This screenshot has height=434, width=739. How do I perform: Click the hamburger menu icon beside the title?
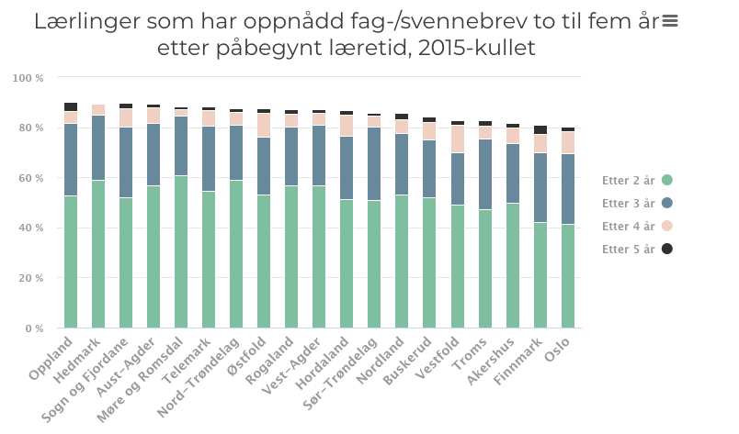[x=670, y=21]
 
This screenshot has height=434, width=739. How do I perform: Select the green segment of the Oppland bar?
[x=71, y=262]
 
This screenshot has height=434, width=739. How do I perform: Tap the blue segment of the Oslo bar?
[x=568, y=189]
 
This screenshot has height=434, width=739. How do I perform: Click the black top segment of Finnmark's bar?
[x=540, y=130]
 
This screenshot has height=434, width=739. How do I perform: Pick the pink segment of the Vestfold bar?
[x=458, y=139]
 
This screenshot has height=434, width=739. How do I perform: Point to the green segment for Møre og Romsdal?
[x=181, y=251]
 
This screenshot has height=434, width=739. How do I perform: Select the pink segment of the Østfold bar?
[x=264, y=126]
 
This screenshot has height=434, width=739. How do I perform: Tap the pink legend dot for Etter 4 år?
[x=667, y=226]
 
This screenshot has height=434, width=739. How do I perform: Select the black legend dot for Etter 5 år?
[x=667, y=249]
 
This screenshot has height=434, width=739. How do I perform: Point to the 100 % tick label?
[x=28, y=78]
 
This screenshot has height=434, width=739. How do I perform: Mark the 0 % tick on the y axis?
[x=34, y=328]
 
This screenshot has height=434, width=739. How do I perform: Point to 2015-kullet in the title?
[x=477, y=48]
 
